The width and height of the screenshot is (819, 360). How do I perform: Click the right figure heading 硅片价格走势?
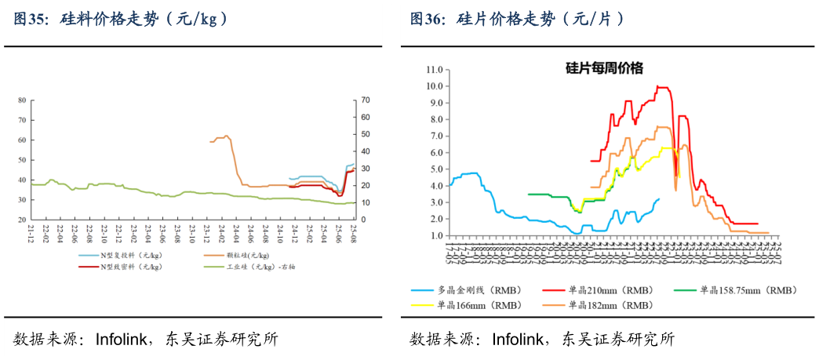coord(518,19)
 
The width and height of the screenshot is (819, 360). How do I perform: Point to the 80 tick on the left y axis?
coord(21,100)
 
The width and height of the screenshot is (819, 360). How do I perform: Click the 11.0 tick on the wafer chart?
coord(435,69)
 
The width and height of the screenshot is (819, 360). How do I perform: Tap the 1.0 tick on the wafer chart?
coord(436,235)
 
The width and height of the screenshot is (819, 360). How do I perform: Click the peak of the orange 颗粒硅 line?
coord(227,136)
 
